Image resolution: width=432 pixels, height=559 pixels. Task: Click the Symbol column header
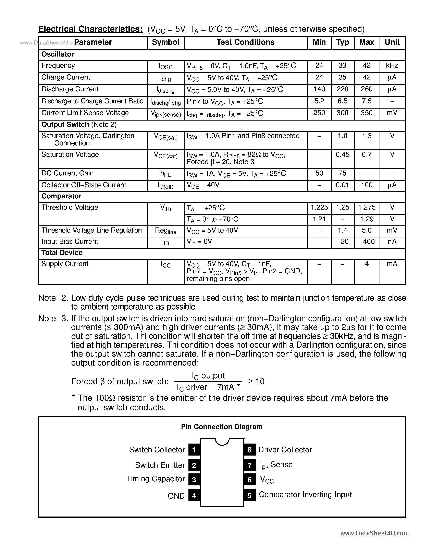pyautogui.click(x=165, y=42)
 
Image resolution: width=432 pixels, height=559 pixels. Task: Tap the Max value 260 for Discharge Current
pyautogui.click(x=367, y=89)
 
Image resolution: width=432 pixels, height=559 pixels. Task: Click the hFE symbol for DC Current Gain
pyautogui.click(x=165, y=174)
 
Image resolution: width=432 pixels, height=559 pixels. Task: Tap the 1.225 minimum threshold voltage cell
pyautogui.click(x=319, y=207)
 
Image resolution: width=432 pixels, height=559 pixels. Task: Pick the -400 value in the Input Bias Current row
pyautogui.click(x=367, y=242)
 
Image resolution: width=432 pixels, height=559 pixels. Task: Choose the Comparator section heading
pyautogui.click(x=61, y=196)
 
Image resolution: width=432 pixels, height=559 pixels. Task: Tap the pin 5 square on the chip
pyautogui.click(x=249, y=496)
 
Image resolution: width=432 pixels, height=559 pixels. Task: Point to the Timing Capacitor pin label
pyautogui.click(x=156, y=479)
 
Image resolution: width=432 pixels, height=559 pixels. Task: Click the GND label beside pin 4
pyautogui.click(x=176, y=496)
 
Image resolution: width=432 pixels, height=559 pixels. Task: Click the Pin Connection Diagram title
pyautogui.click(x=222, y=427)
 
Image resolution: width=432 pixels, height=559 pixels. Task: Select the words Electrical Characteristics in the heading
pyautogui.click(x=90, y=29)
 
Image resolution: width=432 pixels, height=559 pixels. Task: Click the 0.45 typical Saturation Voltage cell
pyautogui.click(x=342, y=155)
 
